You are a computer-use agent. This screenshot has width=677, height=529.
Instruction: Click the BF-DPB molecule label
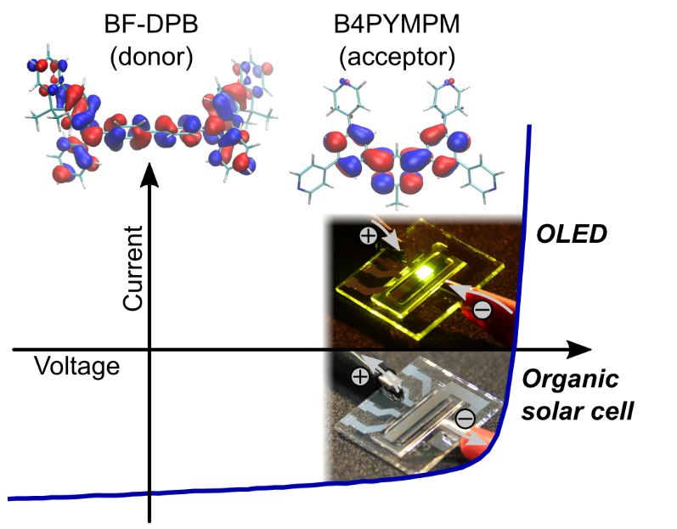[x=151, y=24]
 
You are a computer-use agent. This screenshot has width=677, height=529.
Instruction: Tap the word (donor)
[x=151, y=57]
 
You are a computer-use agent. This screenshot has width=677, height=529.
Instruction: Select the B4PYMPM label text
[x=397, y=24]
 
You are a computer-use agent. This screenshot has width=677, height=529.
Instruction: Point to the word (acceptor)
[x=397, y=57]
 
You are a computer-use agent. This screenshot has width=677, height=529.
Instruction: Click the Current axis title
[x=133, y=268]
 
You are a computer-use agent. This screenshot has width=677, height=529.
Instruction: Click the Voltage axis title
[x=76, y=367]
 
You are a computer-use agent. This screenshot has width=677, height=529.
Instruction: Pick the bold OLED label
[x=572, y=234]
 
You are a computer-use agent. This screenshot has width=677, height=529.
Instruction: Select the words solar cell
[x=578, y=411]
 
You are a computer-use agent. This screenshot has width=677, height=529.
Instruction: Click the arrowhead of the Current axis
[x=150, y=175]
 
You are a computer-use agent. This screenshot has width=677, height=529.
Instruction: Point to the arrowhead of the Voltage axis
[x=578, y=350]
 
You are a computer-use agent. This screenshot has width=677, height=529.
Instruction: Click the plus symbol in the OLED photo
[x=369, y=235]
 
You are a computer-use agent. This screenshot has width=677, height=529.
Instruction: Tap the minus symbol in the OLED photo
[x=482, y=309]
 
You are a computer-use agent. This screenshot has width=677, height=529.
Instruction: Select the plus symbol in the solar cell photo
[x=360, y=377]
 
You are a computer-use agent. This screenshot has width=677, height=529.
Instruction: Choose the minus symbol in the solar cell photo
[x=465, y=418]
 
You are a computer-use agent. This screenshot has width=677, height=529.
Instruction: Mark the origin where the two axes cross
[x=150, y=350]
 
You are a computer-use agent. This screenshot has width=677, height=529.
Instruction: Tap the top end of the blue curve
[x=529, y=126]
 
